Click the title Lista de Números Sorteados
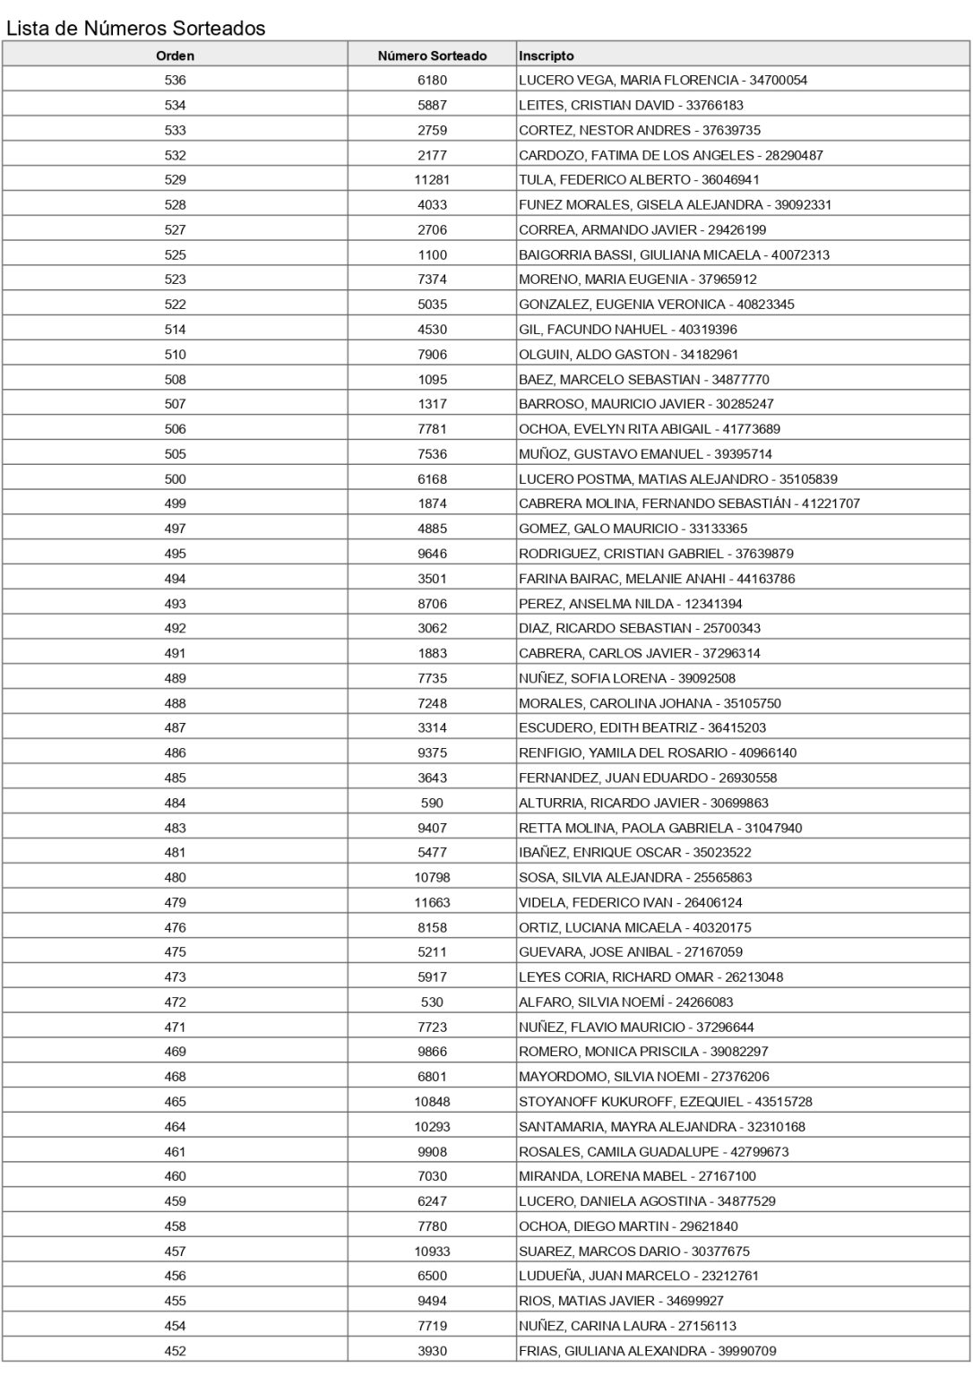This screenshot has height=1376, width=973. click(x=136, y=28)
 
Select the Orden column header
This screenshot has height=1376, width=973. click(x=175, y=56)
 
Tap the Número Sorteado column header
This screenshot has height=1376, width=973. click(x=432, y=56)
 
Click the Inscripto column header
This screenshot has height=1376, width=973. click(x=547, y=56)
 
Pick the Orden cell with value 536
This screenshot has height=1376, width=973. click(x=175, y=80)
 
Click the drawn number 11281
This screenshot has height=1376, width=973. click(x=432, y=179)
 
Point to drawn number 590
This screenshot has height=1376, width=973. click(x=432, y=803)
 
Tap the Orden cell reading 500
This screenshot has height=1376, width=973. click(x=175, y=478)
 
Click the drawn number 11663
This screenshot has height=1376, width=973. click(x=432, y=902)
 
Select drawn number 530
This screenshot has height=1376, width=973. click(x=432, y=1002)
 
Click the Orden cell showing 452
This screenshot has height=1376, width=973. click(x=175, y=1351)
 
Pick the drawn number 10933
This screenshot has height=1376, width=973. click(x=432, y=1251)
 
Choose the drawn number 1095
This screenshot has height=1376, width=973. click(x=432, y=379)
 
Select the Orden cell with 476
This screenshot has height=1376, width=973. click(x=175, y=927)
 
